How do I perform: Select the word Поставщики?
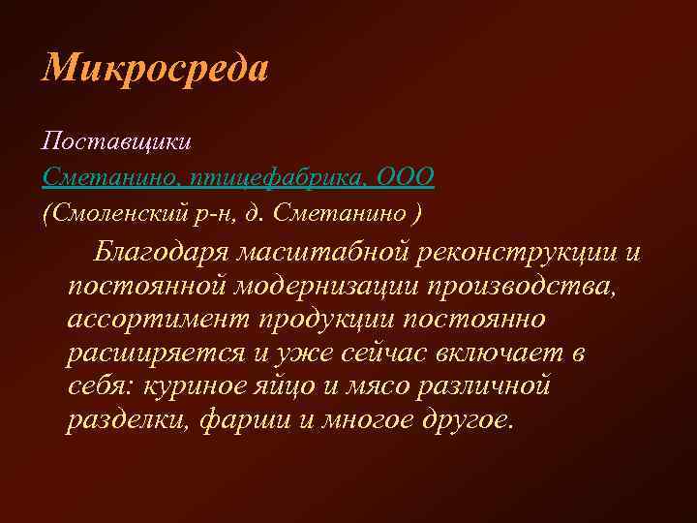coord(117,141)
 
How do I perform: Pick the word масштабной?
coord(325,254)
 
